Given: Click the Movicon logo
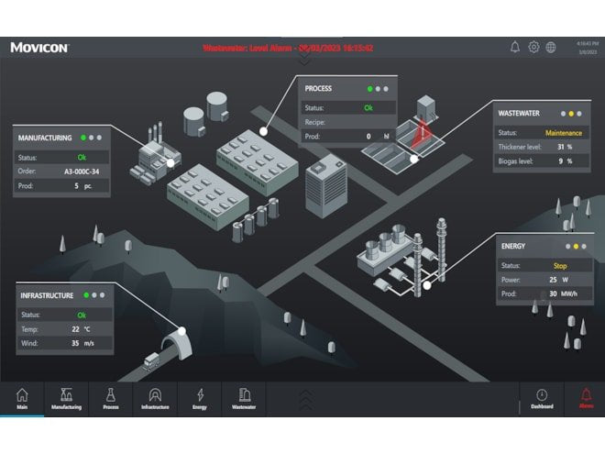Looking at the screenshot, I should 39,47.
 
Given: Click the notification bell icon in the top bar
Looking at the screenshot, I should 515,47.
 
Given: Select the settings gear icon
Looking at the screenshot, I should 533,47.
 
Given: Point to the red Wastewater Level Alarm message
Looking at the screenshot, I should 288,48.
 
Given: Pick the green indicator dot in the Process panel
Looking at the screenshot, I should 369,89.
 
